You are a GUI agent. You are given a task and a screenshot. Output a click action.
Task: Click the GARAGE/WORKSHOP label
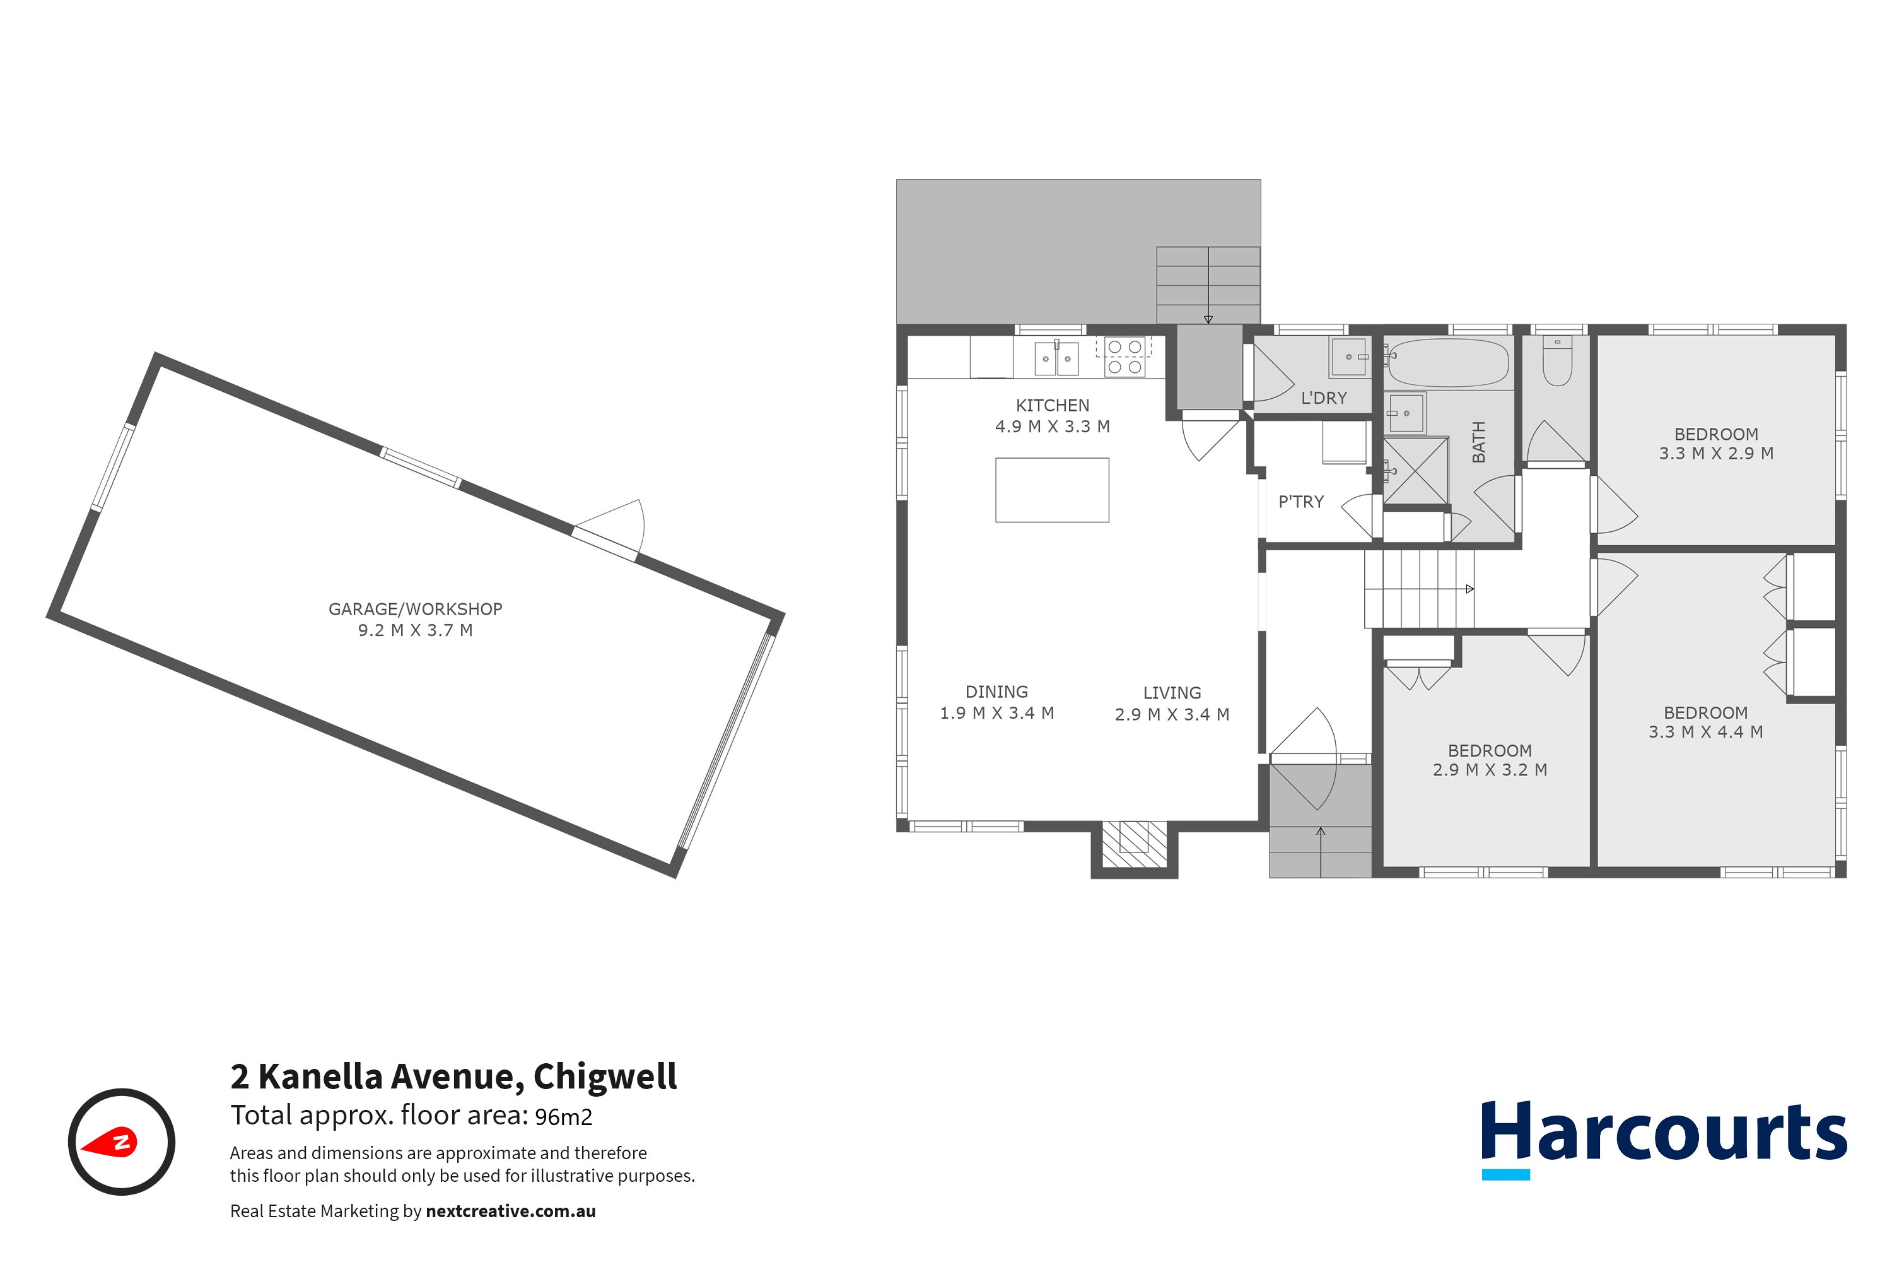(415, 610)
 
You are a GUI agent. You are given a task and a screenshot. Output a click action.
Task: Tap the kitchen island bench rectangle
(1052, 490)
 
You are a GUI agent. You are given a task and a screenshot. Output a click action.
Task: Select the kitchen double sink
(1056, 359)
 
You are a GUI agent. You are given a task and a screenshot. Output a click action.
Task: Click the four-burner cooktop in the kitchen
(1124, 357)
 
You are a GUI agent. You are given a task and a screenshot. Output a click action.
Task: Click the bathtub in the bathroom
(1448, 364)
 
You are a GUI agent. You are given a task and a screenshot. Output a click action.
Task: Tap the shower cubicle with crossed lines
(1416, 470)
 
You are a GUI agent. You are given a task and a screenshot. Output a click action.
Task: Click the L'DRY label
(1323, 398)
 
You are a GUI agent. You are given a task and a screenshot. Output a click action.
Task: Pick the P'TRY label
(1300, 502)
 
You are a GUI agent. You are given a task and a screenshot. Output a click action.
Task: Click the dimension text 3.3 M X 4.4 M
(1705, 731)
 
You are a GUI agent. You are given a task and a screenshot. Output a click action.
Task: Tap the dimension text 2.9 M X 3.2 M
(1490, 769)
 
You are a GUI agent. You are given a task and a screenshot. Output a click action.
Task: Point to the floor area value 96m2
(563, 1117)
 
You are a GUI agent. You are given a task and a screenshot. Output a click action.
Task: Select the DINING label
(996, 692)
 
